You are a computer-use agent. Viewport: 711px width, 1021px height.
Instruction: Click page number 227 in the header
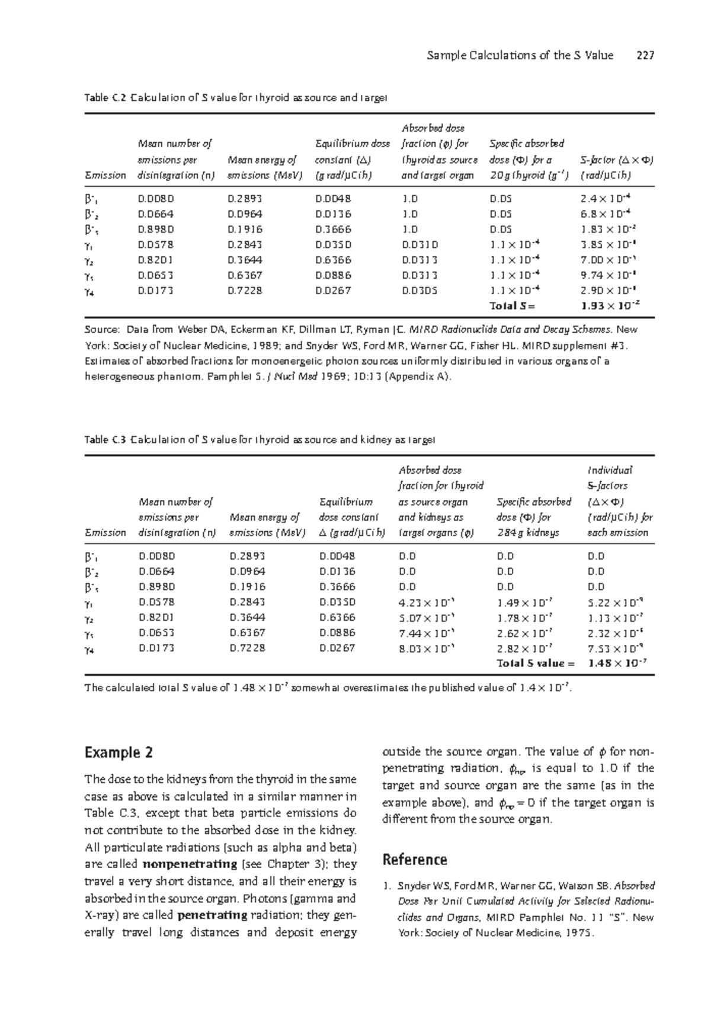tap(645, 56)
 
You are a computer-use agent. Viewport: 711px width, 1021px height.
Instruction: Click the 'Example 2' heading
tap(119, 753)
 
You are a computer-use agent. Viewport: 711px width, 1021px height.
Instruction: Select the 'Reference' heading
tap(415, 860)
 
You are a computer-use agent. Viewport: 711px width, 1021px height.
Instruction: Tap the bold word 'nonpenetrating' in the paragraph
tap(187, 864)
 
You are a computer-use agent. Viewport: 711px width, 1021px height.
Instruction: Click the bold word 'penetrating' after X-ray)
tap(212, 915)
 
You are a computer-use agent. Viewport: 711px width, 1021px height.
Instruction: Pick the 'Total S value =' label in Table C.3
tap(536, 663)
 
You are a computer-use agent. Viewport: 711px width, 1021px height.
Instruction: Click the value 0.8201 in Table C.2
tap(156, 260)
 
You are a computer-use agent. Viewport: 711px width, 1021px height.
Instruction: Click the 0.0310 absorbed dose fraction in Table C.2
tap(419, 245)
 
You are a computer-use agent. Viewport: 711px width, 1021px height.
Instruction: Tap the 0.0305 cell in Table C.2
tap(419, 291)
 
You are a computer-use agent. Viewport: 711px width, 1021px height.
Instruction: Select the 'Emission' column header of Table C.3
tap(105, 532)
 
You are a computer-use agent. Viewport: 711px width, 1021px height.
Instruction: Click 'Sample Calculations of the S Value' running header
tap(520, 56)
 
